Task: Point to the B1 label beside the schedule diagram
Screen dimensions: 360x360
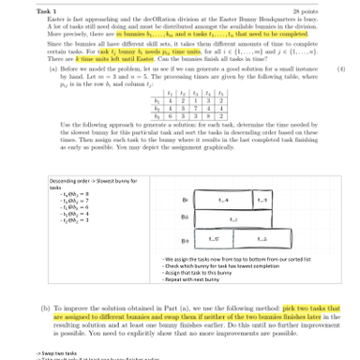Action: coord(185,200)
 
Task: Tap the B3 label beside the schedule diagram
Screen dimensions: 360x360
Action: coord(185,241)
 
